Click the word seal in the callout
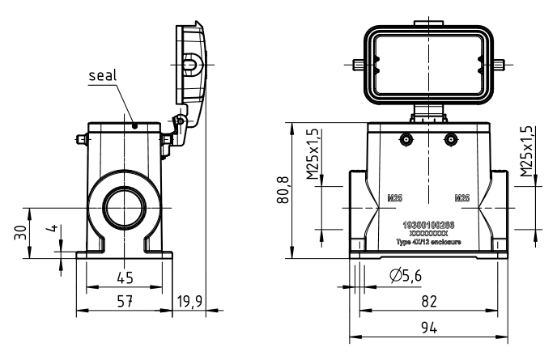point(103,75)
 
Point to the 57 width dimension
point(125,301)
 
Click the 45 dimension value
point(125,277)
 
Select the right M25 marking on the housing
point(462,197)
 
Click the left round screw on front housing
point(404,138)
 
